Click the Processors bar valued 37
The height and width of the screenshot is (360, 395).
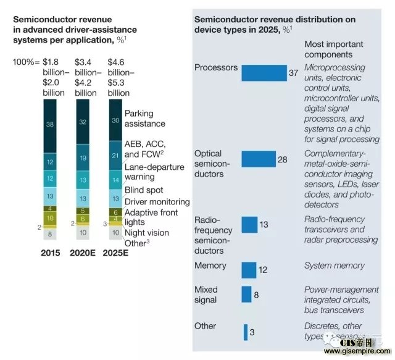(x=264, y=73)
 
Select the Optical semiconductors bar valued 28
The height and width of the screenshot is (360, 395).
(x=258, y=159)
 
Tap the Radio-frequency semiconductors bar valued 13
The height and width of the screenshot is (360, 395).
(x=249, y=224)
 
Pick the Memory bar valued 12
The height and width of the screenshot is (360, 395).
(x=248, y=270)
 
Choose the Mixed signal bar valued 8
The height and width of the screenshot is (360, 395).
(x=246, y=295)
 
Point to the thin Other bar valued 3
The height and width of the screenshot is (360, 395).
(x=245, y=332)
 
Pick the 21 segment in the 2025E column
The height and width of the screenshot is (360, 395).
(x=115, y=155)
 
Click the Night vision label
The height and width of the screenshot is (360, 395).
(x=148, y=233)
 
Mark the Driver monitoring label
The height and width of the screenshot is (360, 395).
(x=157, y=202)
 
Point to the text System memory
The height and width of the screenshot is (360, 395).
(x=334, y=266)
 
